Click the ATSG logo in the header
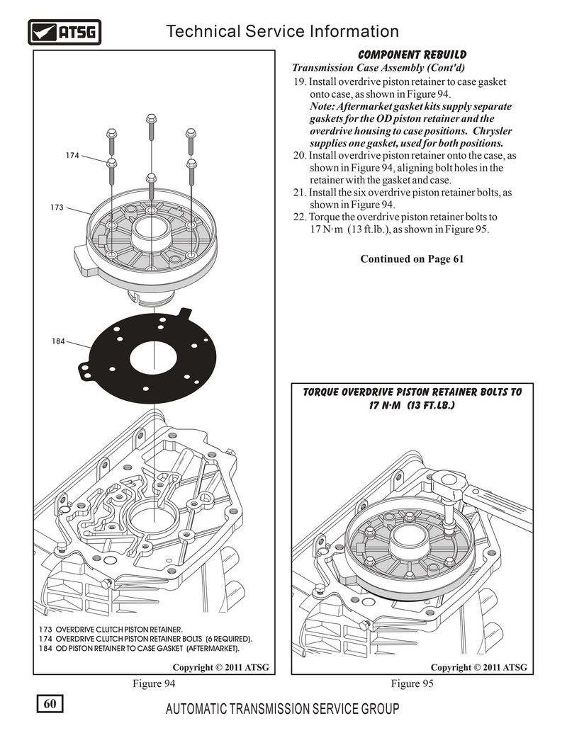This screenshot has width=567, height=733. pyautogui.click(x=64, y=32)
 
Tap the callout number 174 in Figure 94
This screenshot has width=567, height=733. pyautogui.click(x=72, y=155)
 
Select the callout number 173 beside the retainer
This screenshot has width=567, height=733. pyautogui.click(x=57, y=208)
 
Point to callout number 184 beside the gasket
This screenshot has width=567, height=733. pyautogui.click(x=58, y=341)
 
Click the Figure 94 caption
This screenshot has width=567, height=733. pyautogui.click(x=154, y=683)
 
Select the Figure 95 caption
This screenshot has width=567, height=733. pyautogui.click(x=412, y=683)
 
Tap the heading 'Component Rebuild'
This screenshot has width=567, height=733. pyautogui.click(x=412, y=55)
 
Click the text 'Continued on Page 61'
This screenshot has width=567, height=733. pyautogui.click(x=412, y=258)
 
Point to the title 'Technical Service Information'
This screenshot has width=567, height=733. pyautogui.click(x=281, y=31)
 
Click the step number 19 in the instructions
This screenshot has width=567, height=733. pyautogui.click(x=300, y=82)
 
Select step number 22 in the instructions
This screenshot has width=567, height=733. pyautogui.click(x=298, y=217)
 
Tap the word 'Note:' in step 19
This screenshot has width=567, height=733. pyautogui.click(x=324, y=106)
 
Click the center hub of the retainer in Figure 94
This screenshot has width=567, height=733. pyautogui.click(x=151, y=234)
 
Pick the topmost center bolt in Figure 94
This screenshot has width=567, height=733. pyautogui.click(x=151, y=120)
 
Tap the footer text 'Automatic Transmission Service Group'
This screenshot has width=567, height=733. pyautogui.click(x=281, y=709)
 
